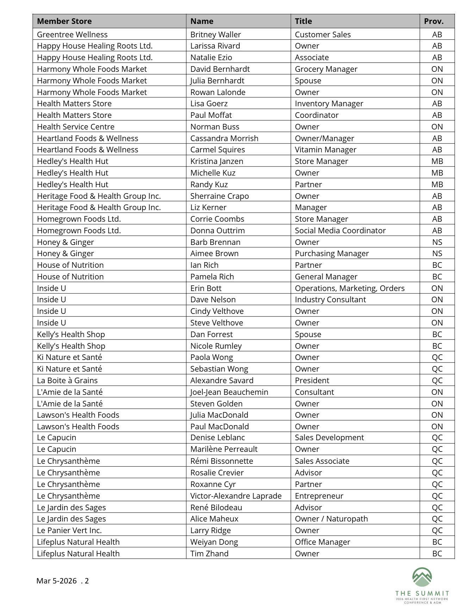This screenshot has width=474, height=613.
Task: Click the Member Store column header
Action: pyautogui.click(x=64, y=21)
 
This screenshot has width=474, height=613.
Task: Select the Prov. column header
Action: pyautogui.click(x=434, y=21)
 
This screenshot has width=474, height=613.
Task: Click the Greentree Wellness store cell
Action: pyautogui.click(x=72, y=34)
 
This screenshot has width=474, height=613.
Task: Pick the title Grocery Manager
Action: pyautogui.click(x=326, y=69)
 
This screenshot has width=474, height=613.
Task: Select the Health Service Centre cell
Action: pyautogui.click(x=76, y=127)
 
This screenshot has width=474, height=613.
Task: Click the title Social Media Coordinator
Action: pyautogui.click(x=340, y=230)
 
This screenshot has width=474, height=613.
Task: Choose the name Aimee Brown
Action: pyautogui.click(x=214, y=253)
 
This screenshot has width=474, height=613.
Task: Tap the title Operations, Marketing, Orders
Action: pyautogui.click(x=349, y=288)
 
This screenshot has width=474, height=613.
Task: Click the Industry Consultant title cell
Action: pyautogui.click(x=330, y=299)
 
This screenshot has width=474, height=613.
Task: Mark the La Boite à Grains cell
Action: pyautogui.click(x=67, y=380)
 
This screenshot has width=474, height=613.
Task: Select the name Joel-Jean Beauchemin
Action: pyautogui.click(x=229, y=392)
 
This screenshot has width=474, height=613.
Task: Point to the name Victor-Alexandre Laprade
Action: pyautogui.click(x=236, y=496)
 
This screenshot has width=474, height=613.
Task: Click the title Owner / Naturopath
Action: pyautogui.click(x=331, y=519)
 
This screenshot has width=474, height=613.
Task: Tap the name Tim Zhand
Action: pyautogui.click(x=209, y=554)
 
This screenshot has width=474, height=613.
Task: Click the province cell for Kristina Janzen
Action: pyautogui.click(x=437, y=161)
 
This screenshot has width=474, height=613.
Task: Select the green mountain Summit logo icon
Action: pyautogui.click(x=422, y=577)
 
